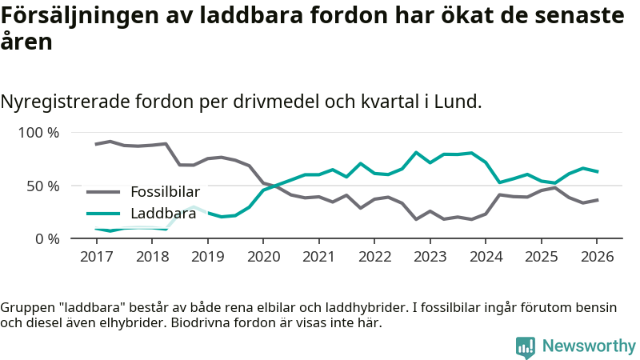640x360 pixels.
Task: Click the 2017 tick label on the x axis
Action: click(x=97, y=257)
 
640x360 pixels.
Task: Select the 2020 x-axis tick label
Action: click(x=263, y=257)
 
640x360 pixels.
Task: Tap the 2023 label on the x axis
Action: click(x=430, y=257)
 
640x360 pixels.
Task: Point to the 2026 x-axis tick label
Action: click(x=597, y=257)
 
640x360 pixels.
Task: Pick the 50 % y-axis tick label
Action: click(x=43, y=186)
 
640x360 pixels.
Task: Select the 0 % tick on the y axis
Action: click(x=47, y=238)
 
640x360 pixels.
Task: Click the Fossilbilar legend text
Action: click(x=165, y=192)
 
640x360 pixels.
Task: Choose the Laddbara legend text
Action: click(x=163, y=214)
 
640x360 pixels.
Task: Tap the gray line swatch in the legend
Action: click(x=103, y=192)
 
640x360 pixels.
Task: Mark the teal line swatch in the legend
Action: click(x=103, y=214)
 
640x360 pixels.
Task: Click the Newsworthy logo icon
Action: click(x=526, y=346)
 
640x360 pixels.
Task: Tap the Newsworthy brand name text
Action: click(x=589, y=346)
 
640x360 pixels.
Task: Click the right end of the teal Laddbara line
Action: click(x=597, y=171)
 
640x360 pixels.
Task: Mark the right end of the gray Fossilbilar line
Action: click(x=597, y=200)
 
